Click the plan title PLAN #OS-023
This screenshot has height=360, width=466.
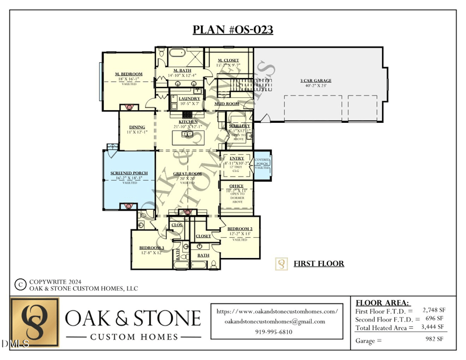(233, 30)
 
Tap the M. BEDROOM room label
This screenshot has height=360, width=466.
(129, 74)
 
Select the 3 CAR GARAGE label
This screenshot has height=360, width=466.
(316, 80)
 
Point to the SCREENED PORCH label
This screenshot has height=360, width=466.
(129, 173)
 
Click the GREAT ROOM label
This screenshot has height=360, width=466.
(188, 174)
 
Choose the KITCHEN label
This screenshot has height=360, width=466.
(188, 122)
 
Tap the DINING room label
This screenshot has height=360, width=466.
(137, 127)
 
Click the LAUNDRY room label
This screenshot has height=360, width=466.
(189, 99)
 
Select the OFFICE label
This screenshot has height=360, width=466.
(236, 186)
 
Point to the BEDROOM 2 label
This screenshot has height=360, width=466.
(239, 228)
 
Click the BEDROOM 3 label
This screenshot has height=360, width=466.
(151, 248)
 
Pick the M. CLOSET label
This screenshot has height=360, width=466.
(228, 61)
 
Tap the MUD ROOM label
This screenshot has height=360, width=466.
(227, 104)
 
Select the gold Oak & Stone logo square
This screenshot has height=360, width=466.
(35, 323)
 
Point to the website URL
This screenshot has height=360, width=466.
(277, 312)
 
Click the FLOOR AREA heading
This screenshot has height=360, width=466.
(383, 303)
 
